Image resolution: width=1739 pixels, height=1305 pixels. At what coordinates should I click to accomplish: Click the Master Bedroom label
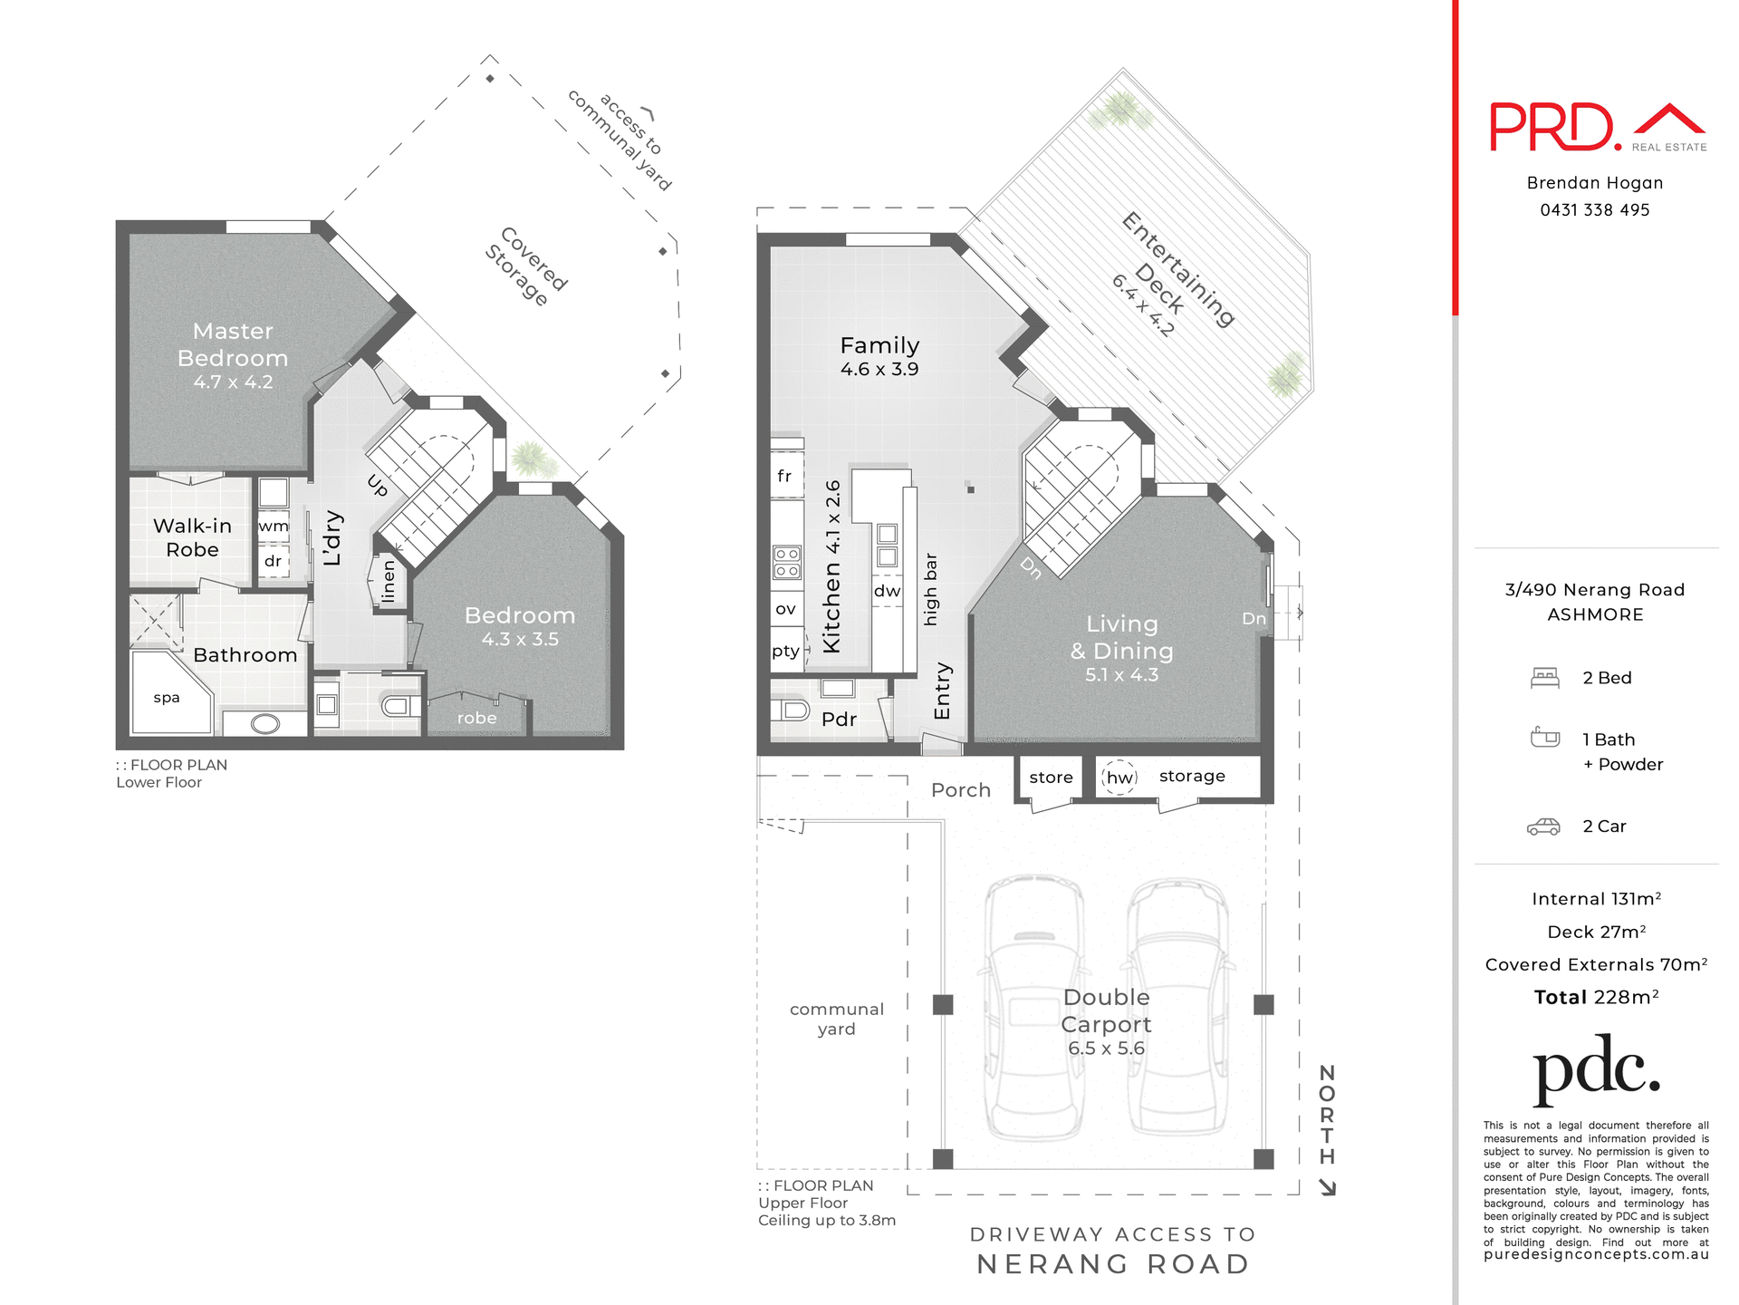point(233,345)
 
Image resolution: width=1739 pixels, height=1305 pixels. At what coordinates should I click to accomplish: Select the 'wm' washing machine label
point(274,526)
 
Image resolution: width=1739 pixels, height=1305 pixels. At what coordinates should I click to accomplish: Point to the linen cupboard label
point(389,582)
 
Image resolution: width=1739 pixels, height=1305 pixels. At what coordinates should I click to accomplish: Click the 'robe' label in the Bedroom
point(476,718)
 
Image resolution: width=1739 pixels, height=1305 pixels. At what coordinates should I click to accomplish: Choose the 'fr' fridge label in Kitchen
point(784,476)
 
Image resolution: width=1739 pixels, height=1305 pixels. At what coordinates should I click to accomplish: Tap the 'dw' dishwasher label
point(887,591)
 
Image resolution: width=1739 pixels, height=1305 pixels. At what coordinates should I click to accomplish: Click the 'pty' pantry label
point(785,651)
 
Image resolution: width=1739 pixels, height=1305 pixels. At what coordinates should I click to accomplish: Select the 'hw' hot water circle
point(1119,778)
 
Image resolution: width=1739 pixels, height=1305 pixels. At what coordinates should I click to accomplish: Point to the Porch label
point(961,790)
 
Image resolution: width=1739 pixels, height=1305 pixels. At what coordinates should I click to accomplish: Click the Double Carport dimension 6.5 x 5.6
point(1106,1049)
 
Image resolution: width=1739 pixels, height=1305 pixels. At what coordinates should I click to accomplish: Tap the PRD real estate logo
point(1598,127)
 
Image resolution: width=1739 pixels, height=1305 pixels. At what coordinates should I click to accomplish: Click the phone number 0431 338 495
point(1595,210)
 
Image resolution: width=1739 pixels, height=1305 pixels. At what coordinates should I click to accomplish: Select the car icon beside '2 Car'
point(1543,826)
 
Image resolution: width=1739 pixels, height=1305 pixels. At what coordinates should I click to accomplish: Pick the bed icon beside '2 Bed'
point(1544,678)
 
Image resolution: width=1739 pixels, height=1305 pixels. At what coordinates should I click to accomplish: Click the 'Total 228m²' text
point(1596,998)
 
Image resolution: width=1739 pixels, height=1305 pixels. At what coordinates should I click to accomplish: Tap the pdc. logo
point(1596,1069)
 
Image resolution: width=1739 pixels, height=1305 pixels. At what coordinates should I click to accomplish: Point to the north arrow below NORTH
point(1328,1187)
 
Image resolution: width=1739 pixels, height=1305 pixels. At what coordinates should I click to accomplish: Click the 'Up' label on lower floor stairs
point(378,486)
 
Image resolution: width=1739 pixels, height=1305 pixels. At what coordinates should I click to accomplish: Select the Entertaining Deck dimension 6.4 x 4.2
point(1143,305)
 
